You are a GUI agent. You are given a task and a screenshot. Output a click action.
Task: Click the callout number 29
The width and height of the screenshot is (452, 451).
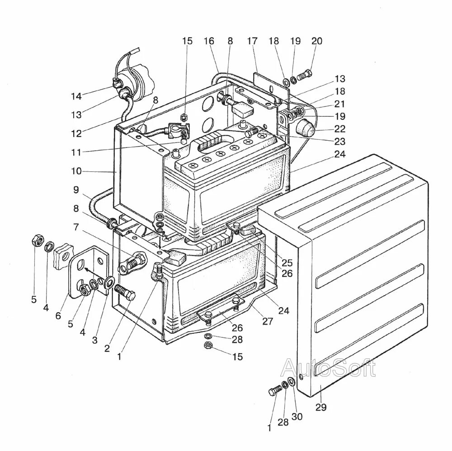(x=320, y=408)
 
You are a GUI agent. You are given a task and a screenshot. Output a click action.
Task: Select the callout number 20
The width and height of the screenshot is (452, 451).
(x=317, y=41)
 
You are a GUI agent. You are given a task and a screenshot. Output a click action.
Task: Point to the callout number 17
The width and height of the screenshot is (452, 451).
(x=252, y=41)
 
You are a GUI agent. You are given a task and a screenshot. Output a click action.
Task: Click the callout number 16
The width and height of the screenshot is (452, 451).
(x=208, y=41)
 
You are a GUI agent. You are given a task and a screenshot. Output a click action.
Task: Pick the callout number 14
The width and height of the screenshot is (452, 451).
(x=76, y=96)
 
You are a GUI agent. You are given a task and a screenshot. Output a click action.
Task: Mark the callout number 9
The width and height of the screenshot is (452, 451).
(x=77, y=190)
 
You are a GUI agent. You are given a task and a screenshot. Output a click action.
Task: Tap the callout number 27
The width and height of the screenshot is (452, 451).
(x=268, y=321)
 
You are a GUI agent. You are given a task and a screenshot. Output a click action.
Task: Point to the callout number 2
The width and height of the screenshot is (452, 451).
(x=107, y=348)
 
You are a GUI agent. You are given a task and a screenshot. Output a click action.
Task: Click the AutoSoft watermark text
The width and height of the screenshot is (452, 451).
(x=328, y=368)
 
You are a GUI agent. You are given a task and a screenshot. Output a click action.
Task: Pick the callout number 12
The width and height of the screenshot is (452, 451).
(x=76, y=134)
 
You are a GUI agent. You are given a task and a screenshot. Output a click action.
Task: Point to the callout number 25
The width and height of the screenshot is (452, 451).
(x=287, y=262)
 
